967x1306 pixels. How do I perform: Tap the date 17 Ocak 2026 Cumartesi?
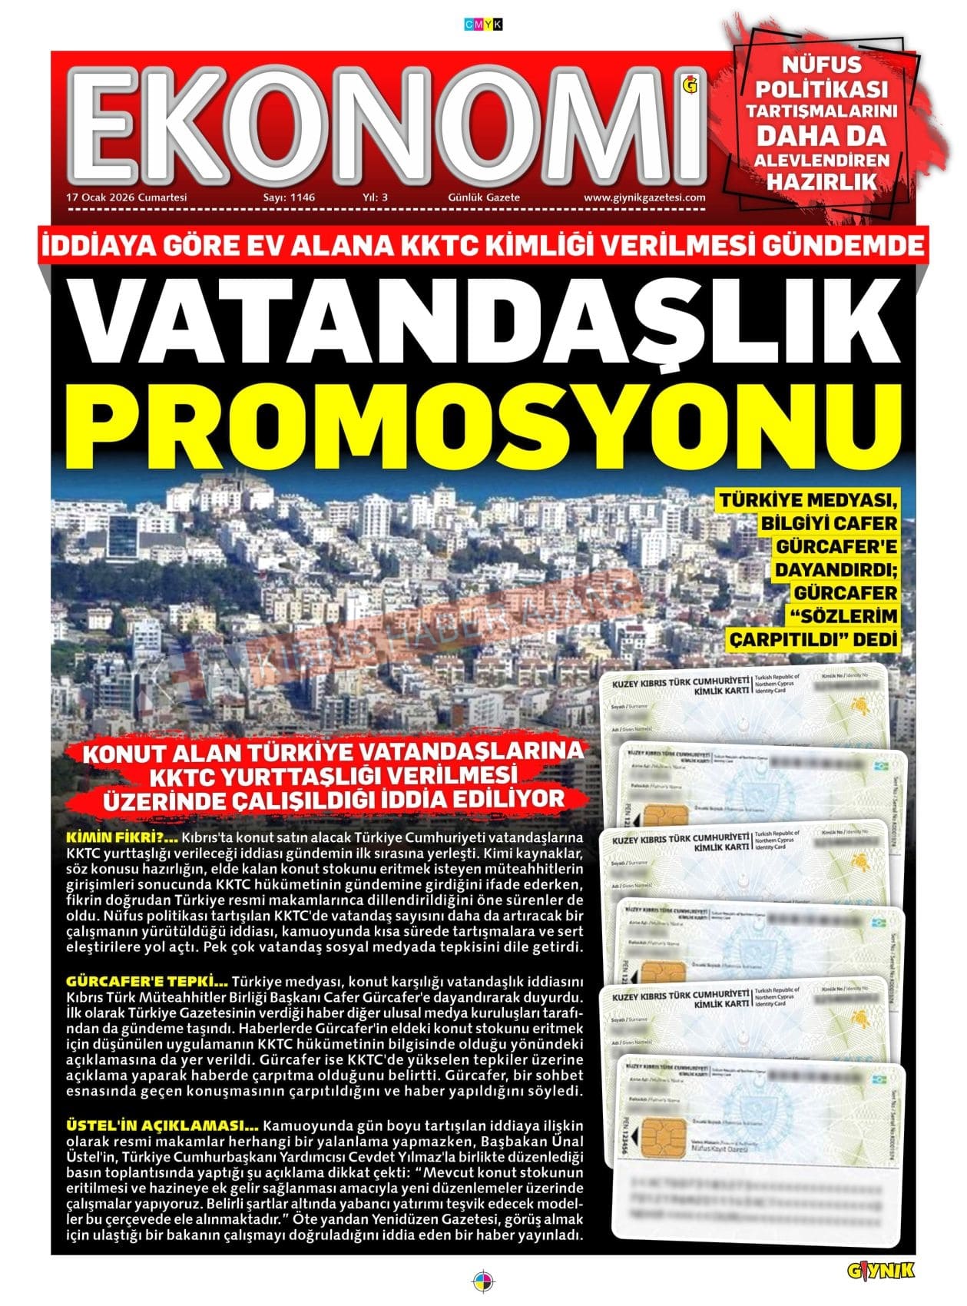(x=127, y=197)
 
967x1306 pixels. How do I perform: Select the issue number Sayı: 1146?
(x=289, y=197)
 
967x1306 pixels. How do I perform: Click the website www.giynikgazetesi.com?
(x=644, y=197)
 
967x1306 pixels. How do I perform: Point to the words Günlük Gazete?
(x=484, y=197)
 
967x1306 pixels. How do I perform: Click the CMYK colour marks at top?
(x=484, y=25)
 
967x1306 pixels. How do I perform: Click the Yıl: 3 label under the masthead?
(x=375, y=197)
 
